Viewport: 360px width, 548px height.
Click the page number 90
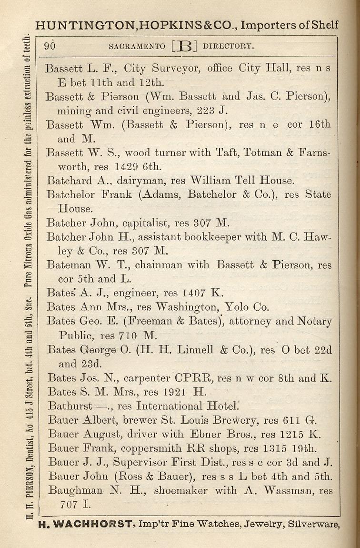pyautogui.click(x=50, y=46)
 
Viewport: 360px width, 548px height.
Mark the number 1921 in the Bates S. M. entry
pyautogui.click(x=176, y=392)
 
